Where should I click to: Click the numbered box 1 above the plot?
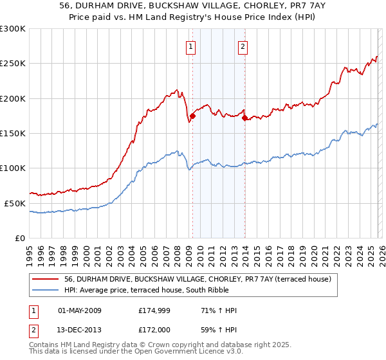point(192,46)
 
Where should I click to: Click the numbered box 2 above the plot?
point(243,46)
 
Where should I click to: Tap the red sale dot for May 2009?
point(192,116)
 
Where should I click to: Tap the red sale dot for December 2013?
point(244,118)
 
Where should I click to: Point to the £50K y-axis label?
point(15,203)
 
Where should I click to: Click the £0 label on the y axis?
point(19,238)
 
